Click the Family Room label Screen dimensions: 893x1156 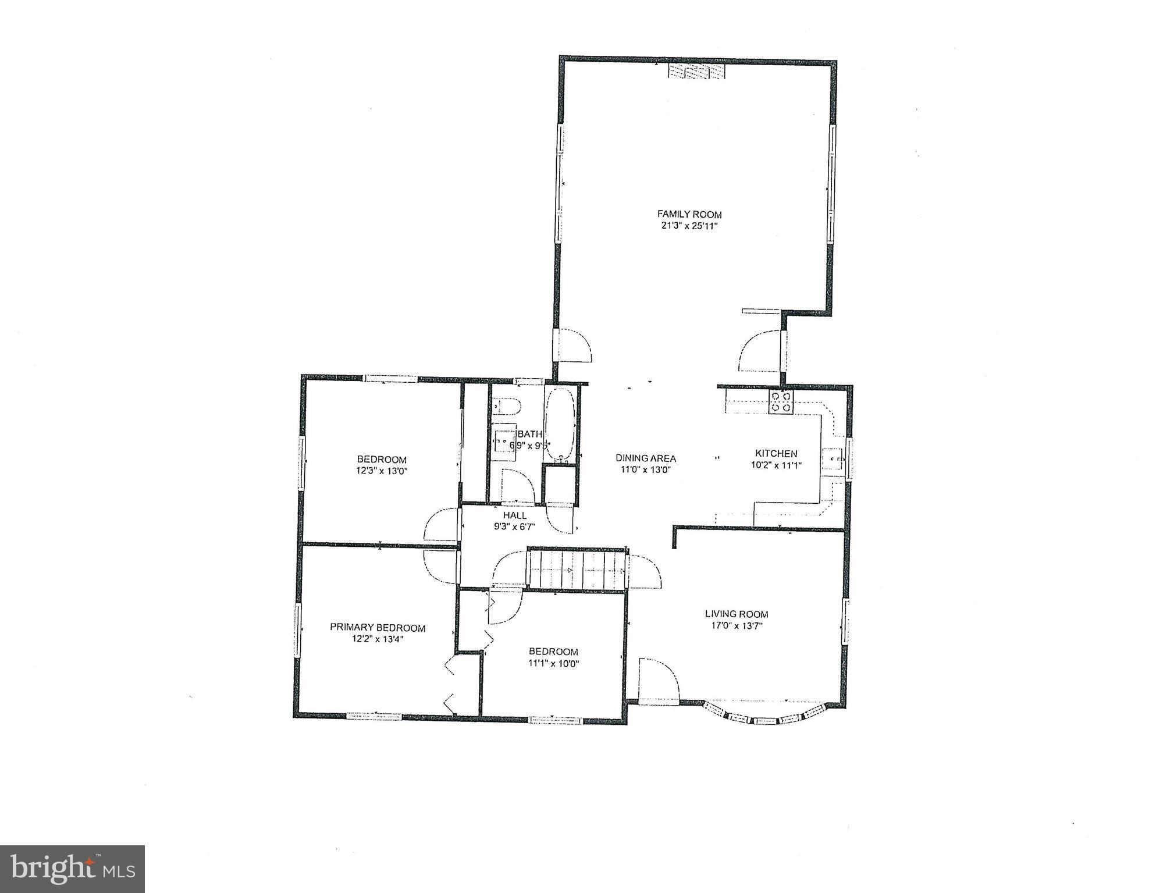[689, 214]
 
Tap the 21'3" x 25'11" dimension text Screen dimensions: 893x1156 [689, 226]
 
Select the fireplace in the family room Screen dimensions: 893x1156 [696, 72]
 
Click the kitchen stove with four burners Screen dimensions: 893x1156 [781, 402]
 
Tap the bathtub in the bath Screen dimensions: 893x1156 [560, 425]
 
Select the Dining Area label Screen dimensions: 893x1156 [646, 458]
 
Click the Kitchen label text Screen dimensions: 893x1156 [776, 453]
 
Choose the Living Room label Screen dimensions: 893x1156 [737, 614]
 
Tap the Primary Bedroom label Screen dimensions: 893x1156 [378, 627]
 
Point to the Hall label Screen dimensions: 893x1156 [515, 515]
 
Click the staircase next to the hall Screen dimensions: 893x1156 [578, 570]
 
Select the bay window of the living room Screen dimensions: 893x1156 [765, 716]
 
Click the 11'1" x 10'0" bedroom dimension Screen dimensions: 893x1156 [553, 663]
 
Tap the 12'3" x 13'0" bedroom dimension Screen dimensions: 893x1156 [382, 471]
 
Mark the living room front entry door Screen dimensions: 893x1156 [659, 681]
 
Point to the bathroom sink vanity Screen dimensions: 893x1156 [504, 439]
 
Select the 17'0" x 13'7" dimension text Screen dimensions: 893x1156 [737, 626]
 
